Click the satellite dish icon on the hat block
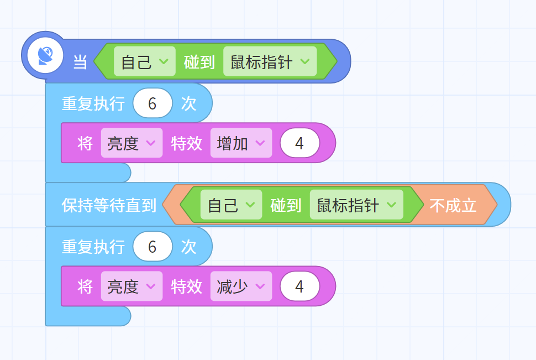[45, 56]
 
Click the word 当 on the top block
[80, 62]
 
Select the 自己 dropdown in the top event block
[145, 61]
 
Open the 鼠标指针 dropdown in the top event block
[270, 61]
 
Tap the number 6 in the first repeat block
[153, 103]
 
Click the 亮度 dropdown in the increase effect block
[132, 143]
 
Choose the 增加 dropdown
[241, 143]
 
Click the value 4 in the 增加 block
[299, 143]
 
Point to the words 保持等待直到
[109, 205]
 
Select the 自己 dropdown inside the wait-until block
[231, 205]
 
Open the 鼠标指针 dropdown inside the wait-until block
[356, 205]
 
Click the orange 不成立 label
[453, 205]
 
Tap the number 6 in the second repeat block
[153, 247]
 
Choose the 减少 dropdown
[241, 286]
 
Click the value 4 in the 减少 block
[299, 286]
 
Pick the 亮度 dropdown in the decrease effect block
[132, 286]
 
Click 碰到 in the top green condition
[199, 62]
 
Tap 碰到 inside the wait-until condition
[286, 205]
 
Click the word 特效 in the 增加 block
[187, 143]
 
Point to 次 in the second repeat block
[188, 247]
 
